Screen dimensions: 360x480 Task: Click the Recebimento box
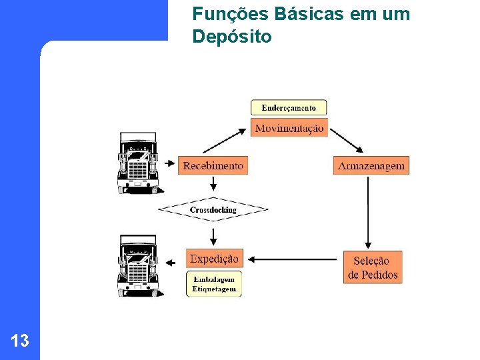point(213,165)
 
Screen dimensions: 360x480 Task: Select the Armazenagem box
point(371,165)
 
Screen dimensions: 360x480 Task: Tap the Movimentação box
point(289,127)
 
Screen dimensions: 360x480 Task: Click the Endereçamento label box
point(289,107)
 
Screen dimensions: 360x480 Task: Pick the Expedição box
point(214,259)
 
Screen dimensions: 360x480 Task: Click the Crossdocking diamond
point(213,209)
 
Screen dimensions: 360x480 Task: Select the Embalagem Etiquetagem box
point(214,284)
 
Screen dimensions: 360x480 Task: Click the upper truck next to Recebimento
point(137,163)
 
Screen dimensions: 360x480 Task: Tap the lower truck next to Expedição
point(137,265)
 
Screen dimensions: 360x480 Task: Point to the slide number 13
point(20,341)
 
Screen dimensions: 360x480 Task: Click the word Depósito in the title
point(231,37)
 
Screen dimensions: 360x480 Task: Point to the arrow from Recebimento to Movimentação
point(224,141)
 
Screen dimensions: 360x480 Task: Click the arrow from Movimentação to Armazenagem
point(347,140)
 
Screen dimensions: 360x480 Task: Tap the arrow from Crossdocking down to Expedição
point(213,235)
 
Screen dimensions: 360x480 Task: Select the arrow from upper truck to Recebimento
point(169,163)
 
